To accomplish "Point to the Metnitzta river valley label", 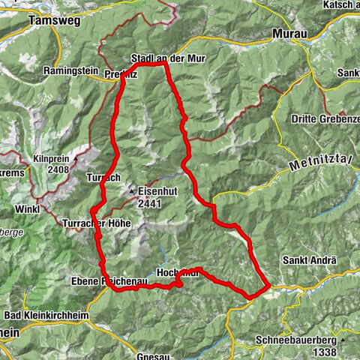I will (320, 160).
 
